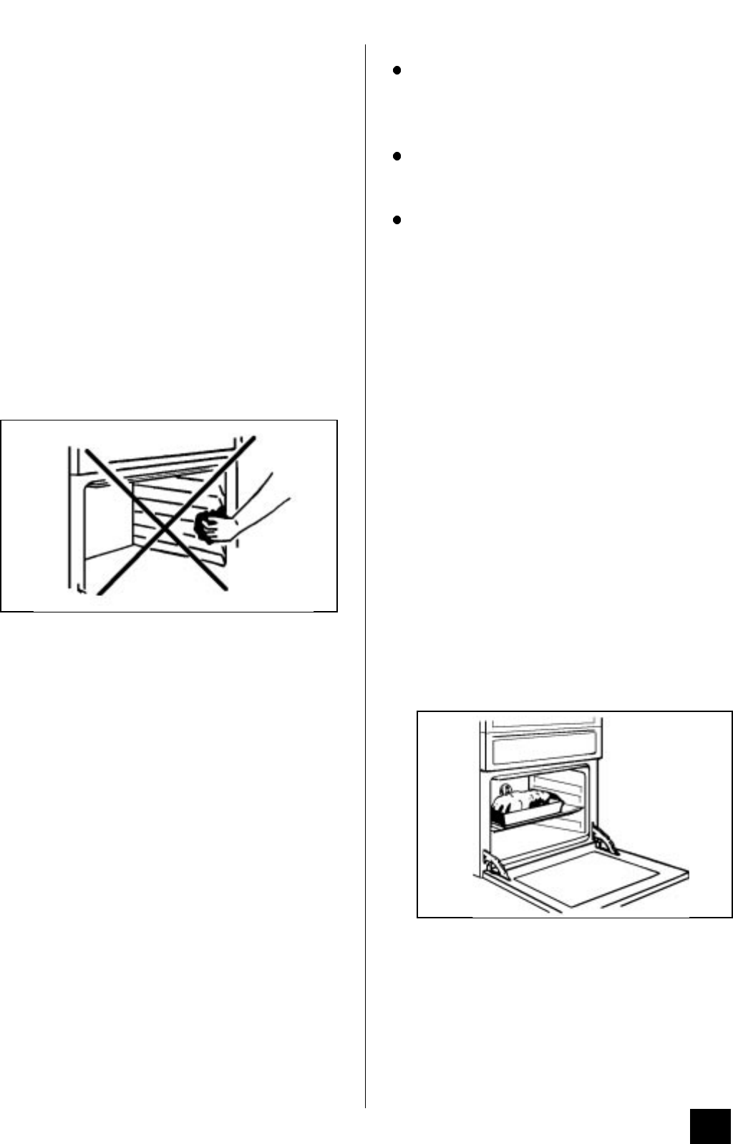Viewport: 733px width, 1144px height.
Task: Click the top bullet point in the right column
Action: point(396,71)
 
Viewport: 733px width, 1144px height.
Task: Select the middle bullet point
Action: point(396,155)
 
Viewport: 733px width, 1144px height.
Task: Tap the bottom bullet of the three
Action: point(396,220)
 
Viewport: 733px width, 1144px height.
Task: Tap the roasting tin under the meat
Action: point(526,814)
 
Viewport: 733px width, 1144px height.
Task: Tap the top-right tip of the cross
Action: point(256,436)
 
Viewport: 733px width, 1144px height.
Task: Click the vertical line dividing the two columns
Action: point(366,573)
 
